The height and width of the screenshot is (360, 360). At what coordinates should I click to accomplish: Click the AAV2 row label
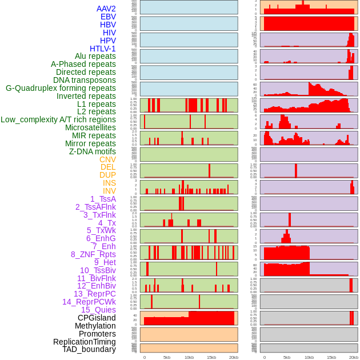106,9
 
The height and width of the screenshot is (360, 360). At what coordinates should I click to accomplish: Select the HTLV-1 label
103,49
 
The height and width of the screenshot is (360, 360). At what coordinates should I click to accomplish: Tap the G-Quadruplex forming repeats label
61,88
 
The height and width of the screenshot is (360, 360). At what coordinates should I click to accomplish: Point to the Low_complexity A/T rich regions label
58,119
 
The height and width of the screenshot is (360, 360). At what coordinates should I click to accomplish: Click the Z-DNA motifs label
93,151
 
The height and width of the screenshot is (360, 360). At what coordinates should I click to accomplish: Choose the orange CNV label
107,159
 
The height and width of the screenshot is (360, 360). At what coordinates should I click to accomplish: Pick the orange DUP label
107,175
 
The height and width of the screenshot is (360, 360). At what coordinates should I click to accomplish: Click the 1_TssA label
103,199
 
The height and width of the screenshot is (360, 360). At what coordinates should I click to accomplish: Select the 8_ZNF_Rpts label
93,254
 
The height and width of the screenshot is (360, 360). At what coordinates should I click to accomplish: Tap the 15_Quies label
98,310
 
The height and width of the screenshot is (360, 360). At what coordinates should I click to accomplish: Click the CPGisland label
97,318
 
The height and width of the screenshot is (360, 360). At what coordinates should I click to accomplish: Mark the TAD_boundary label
89,349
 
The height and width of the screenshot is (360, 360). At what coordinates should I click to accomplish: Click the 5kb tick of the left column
167,357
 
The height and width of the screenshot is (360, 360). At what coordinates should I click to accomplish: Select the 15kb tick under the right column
331,357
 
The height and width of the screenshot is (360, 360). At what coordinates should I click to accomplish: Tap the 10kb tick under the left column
189,357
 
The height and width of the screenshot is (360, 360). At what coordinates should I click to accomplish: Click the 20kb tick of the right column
354,357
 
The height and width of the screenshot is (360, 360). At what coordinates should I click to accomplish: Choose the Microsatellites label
90,127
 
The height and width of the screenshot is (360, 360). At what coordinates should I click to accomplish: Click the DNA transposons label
85,80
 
